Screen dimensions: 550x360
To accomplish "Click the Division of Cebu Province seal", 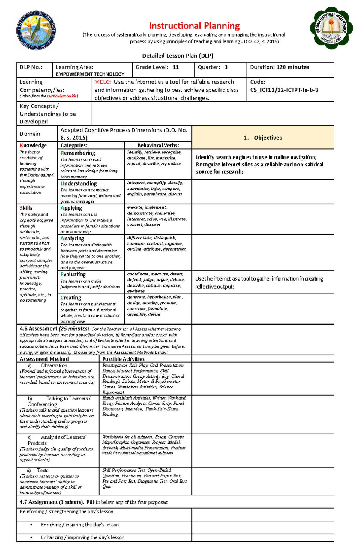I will pos(36,30).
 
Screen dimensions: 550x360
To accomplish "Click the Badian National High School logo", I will pos(331,28).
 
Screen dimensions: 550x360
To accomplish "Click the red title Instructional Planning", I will pos(194,26).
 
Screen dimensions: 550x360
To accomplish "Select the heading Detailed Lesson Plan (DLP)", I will pos(178,55).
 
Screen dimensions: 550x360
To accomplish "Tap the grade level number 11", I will pos(175,67).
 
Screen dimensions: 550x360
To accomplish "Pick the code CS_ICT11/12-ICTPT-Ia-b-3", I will pos(284,90).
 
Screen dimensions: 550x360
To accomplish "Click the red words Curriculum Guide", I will pos(61,96).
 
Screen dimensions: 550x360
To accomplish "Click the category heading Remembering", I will pos(78,153).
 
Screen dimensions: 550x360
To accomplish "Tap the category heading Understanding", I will pos(79,183).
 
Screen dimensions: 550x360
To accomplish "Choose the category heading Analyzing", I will pos(72,238).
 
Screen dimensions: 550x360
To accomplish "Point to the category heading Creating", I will pos(71,298).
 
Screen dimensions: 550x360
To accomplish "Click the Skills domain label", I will pos(26,208).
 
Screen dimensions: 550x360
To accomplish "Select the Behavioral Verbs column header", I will pos(158,145).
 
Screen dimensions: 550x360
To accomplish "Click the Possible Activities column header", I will pos(123,359).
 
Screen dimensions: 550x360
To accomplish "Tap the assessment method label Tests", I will pos(43,470).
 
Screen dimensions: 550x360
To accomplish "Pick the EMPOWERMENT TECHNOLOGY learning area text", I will pos(90,74).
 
